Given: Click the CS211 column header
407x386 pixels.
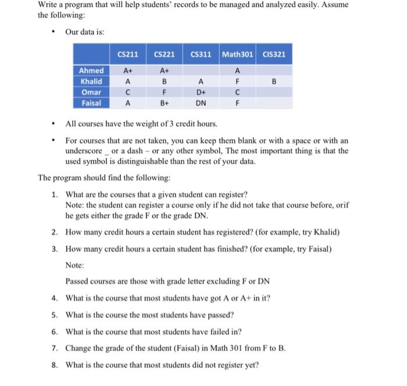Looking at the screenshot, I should tap(127, 55).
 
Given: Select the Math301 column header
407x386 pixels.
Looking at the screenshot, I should tap(237, 55).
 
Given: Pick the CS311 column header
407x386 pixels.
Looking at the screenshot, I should tap(201, 55).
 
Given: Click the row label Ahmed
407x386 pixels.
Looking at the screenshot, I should tap(90, 70).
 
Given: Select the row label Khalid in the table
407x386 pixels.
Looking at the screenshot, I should tap(90, 82).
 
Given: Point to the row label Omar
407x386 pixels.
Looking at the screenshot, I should tap(90, 92).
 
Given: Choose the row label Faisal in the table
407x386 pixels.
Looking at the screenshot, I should tap(90, 103).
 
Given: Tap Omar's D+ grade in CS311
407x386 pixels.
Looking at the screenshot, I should tap(201, 92).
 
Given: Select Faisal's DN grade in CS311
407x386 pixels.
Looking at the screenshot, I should tap(201, 103).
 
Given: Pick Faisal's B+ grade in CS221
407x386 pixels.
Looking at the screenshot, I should tap(165, 103).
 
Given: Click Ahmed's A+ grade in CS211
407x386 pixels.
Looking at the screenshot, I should tap(127, 70).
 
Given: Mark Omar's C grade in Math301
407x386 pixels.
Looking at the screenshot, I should tap(237, 92).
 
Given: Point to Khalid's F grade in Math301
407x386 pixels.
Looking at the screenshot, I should tap(237, 82).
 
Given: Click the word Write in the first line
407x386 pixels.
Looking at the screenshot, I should tap(49, 5).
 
